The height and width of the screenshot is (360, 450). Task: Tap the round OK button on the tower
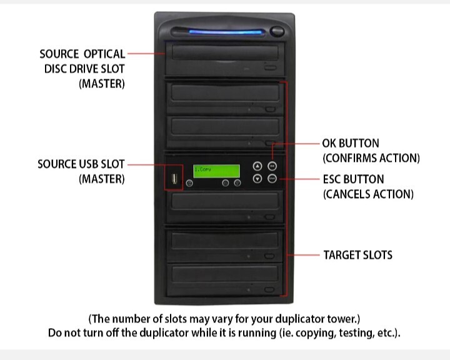coord(272,166)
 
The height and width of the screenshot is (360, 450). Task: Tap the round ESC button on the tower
coord(272,179)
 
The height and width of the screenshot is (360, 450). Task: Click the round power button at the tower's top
coord(277,31)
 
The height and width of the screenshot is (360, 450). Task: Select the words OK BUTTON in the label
coord(351,144)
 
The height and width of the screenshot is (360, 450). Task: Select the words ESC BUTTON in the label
coord(352,179)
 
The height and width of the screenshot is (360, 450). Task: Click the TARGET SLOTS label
coord(357,255)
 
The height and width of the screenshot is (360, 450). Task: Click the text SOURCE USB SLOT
coord(81,164)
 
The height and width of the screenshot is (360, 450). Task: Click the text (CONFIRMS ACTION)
coord(371,157)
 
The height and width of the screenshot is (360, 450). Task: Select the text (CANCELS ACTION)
coord(368,194)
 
